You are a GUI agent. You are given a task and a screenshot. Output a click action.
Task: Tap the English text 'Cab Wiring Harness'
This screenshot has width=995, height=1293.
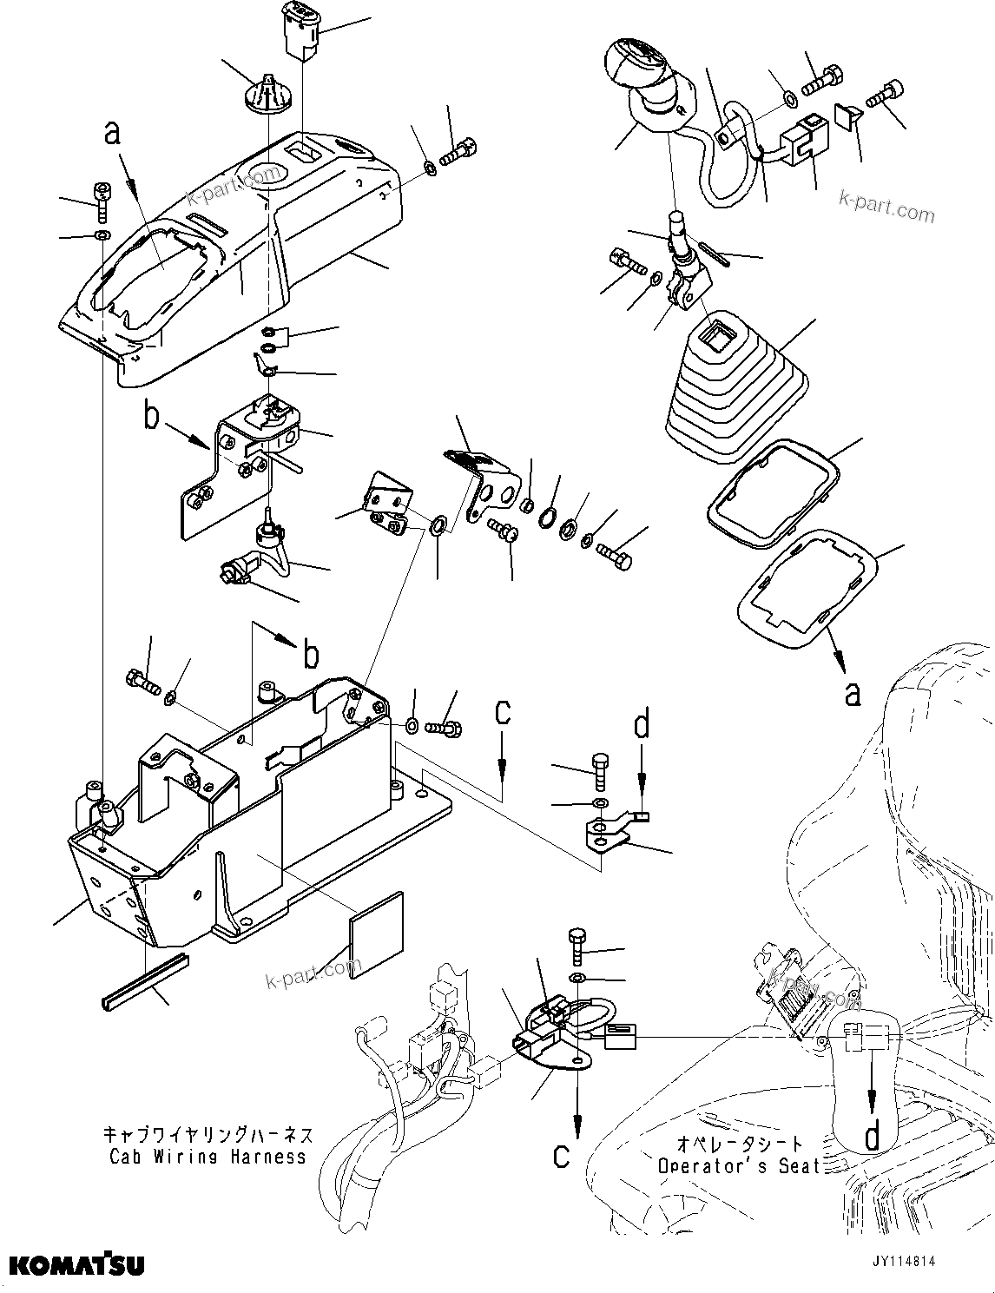(207, 1156)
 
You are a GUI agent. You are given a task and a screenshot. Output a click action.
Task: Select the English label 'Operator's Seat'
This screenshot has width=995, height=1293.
(738, 1166)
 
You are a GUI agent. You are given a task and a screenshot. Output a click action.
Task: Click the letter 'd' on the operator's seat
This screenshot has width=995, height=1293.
(873, 1134)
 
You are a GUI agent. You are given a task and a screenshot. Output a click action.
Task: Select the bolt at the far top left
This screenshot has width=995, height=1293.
(102, 199)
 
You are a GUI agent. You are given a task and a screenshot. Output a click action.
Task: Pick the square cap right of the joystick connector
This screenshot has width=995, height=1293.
(847, 113)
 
